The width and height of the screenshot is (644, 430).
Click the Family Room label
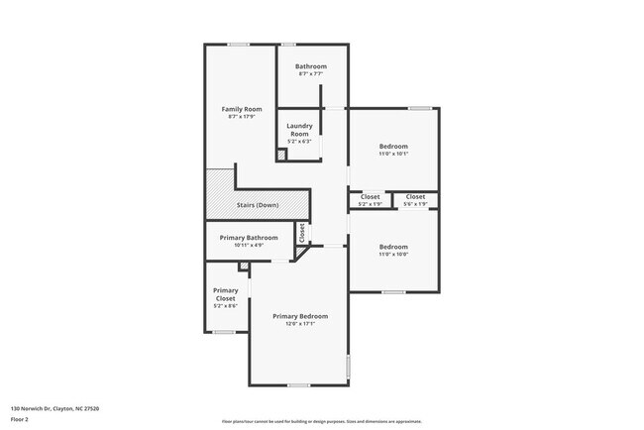point(241,108)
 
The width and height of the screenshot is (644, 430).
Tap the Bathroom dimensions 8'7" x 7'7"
point(310,74)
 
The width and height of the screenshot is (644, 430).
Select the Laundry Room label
point(299,129)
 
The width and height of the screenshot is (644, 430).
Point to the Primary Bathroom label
point(249,237)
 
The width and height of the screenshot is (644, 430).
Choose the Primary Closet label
point(225,294)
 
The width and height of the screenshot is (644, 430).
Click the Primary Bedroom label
point(300,316)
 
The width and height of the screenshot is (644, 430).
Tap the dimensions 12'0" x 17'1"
point(300,324)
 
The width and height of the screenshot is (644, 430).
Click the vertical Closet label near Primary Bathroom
point(302,233)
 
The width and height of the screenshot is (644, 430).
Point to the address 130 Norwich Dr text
point(54,408)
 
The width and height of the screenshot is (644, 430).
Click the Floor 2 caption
point(20,419)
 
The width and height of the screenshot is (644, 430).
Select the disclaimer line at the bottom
point(322,420)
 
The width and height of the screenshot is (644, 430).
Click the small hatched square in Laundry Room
point(281,155)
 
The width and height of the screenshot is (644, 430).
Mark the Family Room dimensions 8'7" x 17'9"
point(241,117)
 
